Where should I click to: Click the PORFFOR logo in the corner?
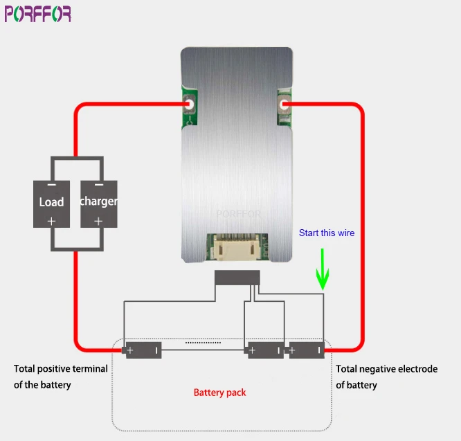[x=37, y=14]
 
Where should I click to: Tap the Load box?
[x=51, y=204]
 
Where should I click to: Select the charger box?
[x=99, y=204]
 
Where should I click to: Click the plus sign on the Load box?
[x=51, y=221]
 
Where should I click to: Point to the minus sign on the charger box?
[x=99, y=185]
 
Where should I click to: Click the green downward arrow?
[x=323, y=269]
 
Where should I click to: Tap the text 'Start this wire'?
[x=327, y=233]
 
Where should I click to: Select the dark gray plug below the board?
[x=237, y=278]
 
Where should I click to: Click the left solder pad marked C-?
[x=190, y=104]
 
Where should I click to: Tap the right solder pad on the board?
[x=284, y=104]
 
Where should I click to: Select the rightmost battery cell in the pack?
[x=306, y=350]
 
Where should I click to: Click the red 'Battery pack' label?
[x=219, y=393]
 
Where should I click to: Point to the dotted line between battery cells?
[x=203, y=343]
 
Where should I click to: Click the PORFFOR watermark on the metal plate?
[x=238, y=214]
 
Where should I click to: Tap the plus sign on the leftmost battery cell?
[x=130, y=350]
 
